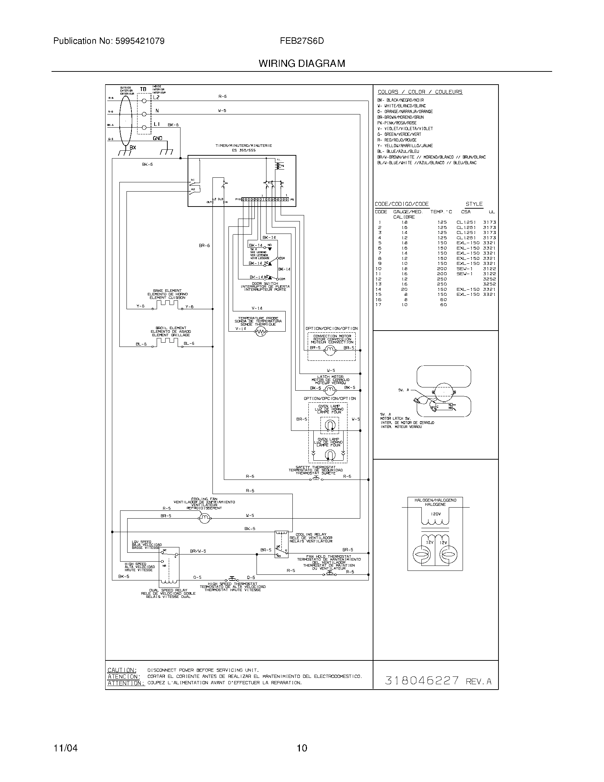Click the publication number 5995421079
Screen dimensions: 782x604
pyautogui.click(x=140, y=41)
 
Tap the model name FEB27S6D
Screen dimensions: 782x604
pyautogui.click(x=302, y=41)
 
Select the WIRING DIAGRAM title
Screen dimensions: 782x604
pyautogui.click(x=302, y=64)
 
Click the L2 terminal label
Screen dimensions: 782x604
pyautogui.click(x=156, y=97)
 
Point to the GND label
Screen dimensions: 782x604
pyautogui.click(x=157, y=138)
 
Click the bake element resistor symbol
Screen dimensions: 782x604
pyautogui.click(x=167, y=304)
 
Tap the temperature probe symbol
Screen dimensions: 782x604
pyautogui.click(x=260, y=333)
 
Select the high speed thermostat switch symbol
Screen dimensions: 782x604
pyautogui.click(x=231, y=579)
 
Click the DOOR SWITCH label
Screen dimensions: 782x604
pyautogui.click(x=265, y=284)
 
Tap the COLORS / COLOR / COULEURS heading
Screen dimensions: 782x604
pyautogui.click(x=420, y=92)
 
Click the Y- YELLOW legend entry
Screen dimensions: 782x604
pyautogui.click(x=405, y=146)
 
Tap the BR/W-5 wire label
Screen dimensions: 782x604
pyautogui.click(x=198, y=551)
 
